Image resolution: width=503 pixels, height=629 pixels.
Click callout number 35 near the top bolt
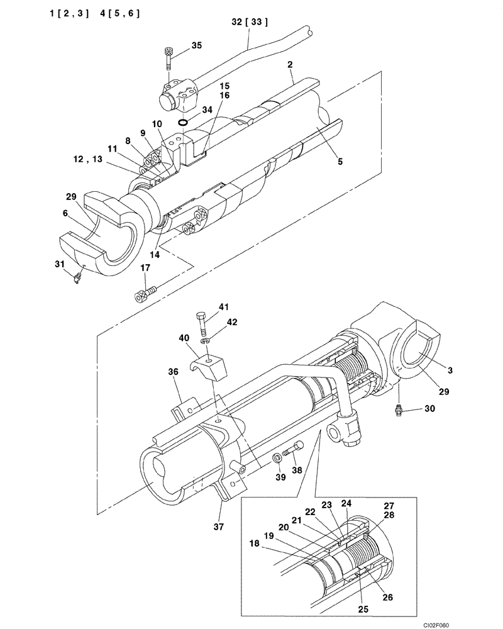click(x=197, y=45)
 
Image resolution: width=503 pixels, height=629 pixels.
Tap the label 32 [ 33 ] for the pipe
click(x=250, y=22)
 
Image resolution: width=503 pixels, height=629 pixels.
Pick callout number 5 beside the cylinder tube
click(x=340, y=162)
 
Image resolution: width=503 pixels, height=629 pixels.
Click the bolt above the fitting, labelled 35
click(x=169, y=58)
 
